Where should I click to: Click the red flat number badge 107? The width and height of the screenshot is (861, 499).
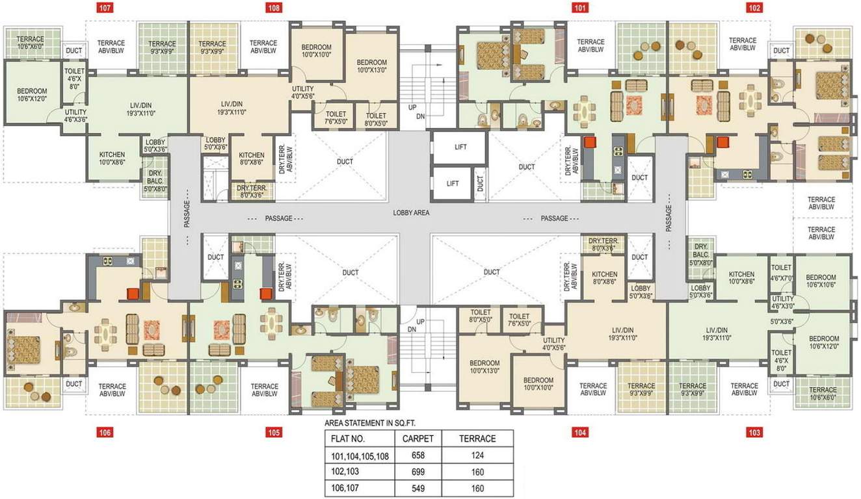coord(105,8)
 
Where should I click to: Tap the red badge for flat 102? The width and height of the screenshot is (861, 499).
coord(754,8)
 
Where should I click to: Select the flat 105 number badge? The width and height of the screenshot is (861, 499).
coord(273,433)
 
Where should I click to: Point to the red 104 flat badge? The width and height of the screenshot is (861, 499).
coord(579,433)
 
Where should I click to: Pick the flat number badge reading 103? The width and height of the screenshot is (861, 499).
coord(754,433)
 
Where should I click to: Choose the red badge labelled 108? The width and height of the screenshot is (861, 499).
coord(273,8)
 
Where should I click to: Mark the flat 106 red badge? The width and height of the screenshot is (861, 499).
coord(105,433)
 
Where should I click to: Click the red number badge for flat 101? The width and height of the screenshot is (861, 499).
coord(579,8)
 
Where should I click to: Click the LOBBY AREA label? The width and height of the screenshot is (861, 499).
coord(411,212)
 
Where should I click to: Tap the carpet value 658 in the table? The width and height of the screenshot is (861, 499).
coord(417,455)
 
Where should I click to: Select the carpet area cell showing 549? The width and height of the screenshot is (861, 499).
coord(417,488)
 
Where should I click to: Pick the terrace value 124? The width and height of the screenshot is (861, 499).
coord(477,455)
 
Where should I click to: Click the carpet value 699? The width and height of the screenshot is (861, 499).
coord(417,472)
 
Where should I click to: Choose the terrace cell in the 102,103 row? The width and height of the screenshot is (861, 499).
coord(477,472)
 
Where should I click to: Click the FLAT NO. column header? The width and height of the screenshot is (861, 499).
coord(348,439)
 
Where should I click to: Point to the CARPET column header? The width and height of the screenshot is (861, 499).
coord(417,439)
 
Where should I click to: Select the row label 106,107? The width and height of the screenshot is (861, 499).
coord(345,488)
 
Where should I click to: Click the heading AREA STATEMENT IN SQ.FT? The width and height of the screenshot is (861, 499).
coord(370,424)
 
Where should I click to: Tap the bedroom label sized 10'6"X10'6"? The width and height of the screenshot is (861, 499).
coord(821,281)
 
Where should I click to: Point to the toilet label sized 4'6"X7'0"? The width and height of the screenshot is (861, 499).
coord(782,272)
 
